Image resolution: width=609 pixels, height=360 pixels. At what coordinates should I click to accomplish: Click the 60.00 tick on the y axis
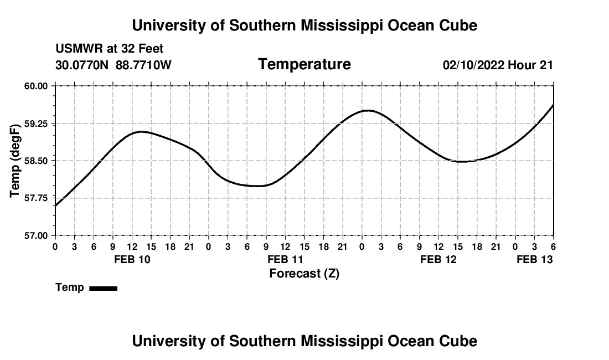tap(37, 86)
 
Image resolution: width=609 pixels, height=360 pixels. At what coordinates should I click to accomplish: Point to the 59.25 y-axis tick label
tap(37, 124)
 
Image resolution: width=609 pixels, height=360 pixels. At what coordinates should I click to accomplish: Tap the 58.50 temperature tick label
tap(37, 161)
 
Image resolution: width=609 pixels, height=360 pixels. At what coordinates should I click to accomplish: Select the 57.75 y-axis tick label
tap(37, 198)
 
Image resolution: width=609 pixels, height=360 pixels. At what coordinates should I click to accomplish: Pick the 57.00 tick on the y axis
tap(37, 235)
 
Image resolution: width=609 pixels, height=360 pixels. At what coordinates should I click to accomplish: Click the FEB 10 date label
tap(132, 259)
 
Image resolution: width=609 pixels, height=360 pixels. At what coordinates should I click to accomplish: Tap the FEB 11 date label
tap(285, 259)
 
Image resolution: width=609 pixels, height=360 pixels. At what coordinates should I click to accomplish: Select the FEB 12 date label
tap(438, 259)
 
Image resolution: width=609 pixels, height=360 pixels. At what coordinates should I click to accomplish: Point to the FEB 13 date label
tap(535, 259)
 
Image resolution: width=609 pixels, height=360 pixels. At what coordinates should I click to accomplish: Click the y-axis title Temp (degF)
tap(16, 161)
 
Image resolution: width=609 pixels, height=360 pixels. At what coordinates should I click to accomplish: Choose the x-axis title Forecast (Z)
tap(304, 273)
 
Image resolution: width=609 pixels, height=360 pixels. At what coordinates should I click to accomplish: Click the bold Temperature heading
tap(304, 64)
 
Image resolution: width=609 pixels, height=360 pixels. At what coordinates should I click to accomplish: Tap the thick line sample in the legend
tap(103, 288)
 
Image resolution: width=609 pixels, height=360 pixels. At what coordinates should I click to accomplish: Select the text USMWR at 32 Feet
tap(110, 49)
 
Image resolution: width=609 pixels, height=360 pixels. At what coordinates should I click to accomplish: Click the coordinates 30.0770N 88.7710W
tap(113, 65)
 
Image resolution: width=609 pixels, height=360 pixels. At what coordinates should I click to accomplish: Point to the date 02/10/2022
tap(473, 65)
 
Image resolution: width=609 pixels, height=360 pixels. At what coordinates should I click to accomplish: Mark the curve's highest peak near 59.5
tap(367, 110)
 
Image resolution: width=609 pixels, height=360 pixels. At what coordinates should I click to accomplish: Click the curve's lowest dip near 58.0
tap(258, 186)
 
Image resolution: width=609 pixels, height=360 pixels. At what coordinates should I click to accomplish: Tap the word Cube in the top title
tap(458, 25)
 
